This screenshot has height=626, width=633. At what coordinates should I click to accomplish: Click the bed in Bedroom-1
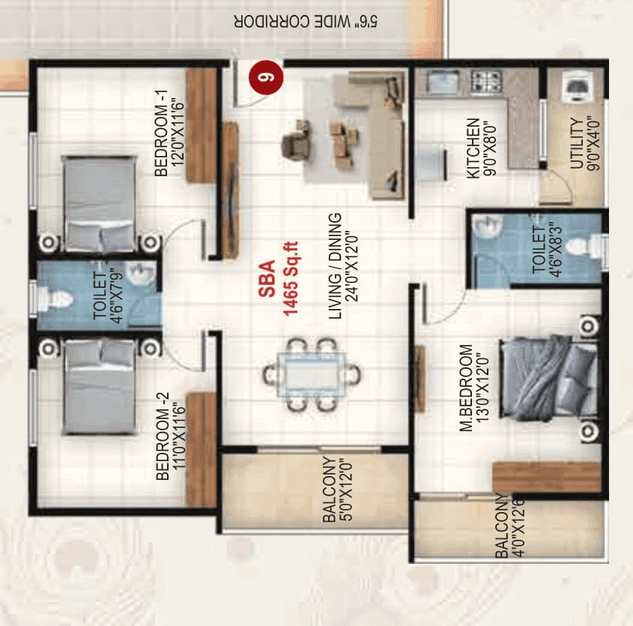[100, 203]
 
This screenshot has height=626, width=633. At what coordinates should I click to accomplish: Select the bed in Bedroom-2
[100, 387]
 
